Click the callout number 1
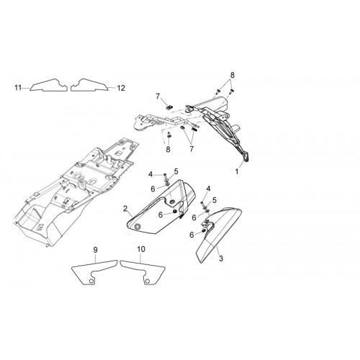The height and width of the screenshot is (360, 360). click(x=237, y=171)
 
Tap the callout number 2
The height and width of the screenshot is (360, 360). click(x=125, y=209)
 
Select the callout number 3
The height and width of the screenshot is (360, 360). click(x=221, y=258)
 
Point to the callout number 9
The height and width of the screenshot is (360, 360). click(x=96, y=250)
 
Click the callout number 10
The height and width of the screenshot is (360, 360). click(x=141, y=249)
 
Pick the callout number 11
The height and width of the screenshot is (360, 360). click(x=18, y=88)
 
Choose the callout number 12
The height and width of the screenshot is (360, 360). click(x=121, y=88)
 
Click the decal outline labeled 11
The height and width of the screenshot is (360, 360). click(x=48, y=85)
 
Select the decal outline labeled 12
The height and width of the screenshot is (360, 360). click(x=89, y=85)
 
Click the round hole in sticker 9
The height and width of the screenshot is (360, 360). click(x=91, y=281)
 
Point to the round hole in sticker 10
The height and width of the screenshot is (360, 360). click(x=148, y=281)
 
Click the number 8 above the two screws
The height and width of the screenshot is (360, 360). click(x=232, y=75)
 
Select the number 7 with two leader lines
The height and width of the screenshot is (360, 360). click(x=192, y=149)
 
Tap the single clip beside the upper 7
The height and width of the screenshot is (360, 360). click(x=170, y=107)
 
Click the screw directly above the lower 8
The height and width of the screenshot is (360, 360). click(x=168, y=135)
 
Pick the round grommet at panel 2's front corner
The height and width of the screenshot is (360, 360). click(x=138, y=227)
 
